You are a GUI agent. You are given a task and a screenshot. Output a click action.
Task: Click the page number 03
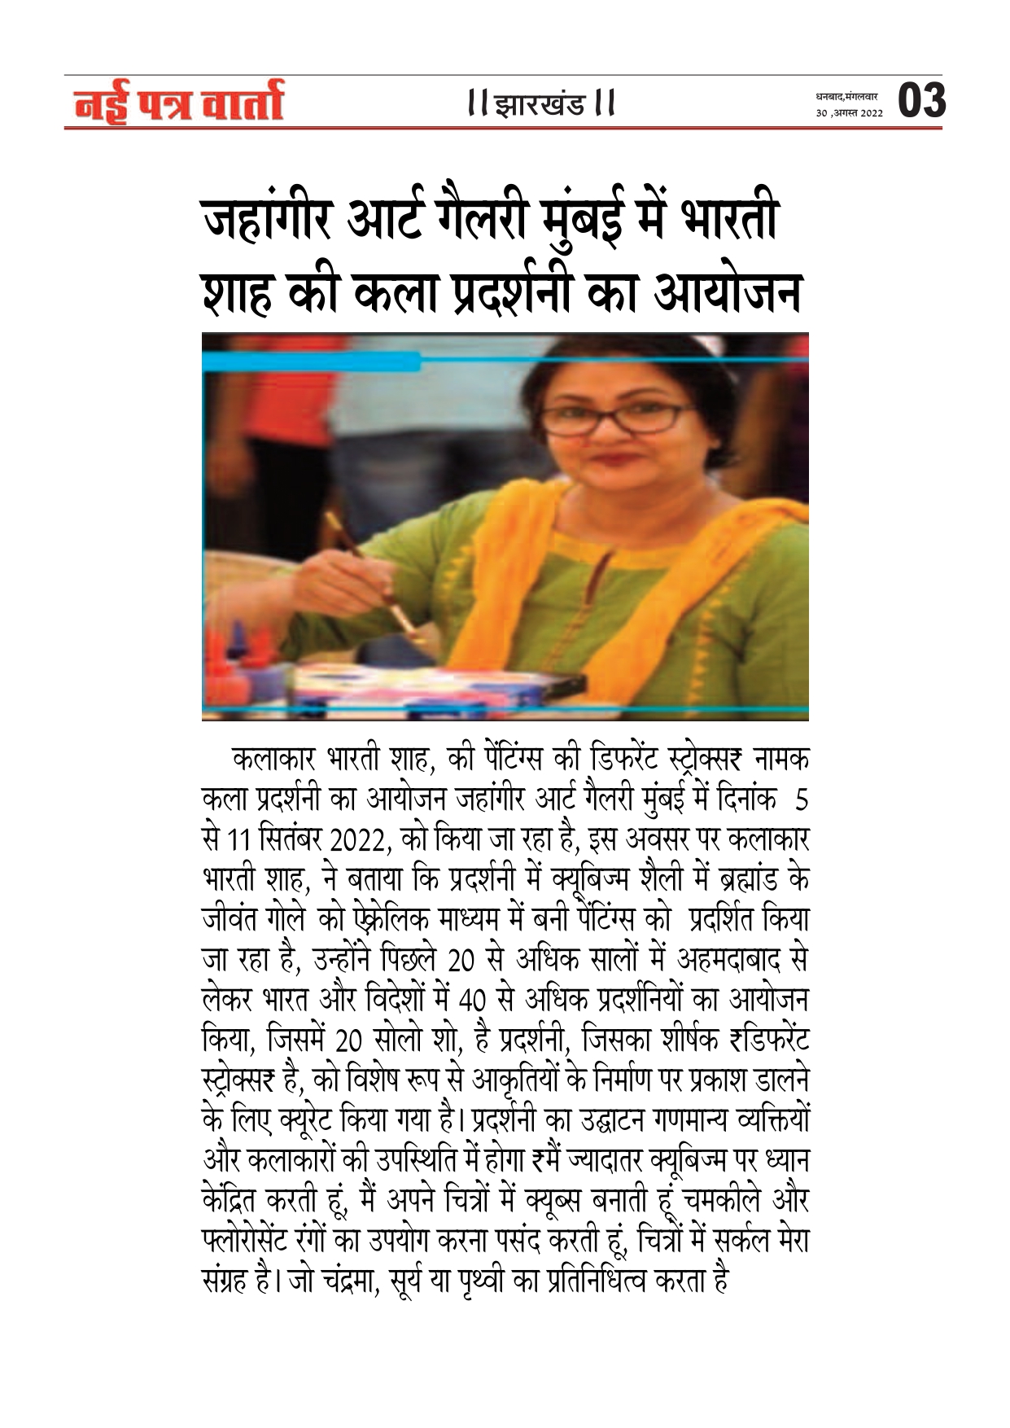click(922, 101)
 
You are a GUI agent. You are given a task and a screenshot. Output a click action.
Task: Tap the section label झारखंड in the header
click(540, 105)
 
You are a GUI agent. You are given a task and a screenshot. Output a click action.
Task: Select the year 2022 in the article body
click(362, 841)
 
